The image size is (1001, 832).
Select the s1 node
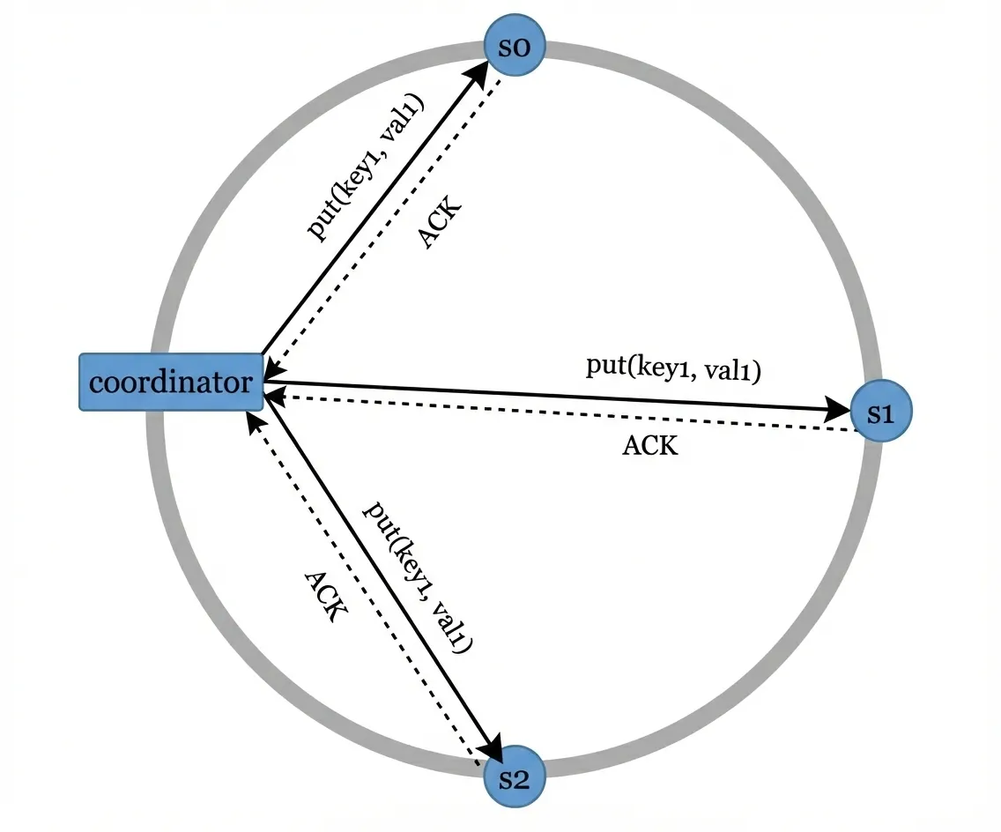pos(880,412)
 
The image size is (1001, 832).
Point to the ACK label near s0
pos(438,223)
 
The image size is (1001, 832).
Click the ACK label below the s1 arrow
pos(650,446)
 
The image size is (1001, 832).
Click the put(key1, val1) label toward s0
pos(366,167)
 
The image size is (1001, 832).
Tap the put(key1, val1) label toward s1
pos(673,368)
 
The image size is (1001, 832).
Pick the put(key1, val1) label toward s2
pos(418,576)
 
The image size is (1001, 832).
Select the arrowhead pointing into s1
pos(840,408)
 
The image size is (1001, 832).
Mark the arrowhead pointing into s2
pos(490,751)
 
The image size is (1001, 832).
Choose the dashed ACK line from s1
pos(564,413)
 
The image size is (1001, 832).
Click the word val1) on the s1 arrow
pos(730,369)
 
